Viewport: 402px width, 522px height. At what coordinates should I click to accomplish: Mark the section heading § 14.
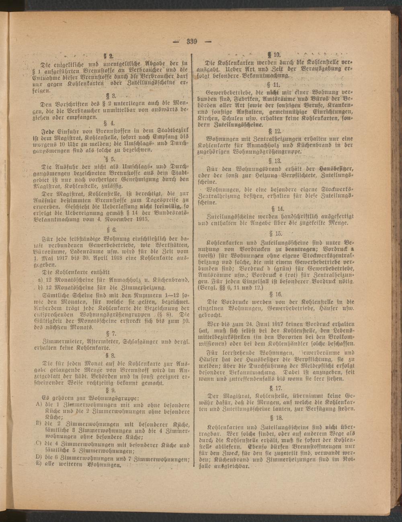(x=277, y=208)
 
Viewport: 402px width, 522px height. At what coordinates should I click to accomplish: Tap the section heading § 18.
(x=277, y=417)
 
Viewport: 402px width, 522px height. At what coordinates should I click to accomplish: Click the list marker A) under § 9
(x=39, y=404)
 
